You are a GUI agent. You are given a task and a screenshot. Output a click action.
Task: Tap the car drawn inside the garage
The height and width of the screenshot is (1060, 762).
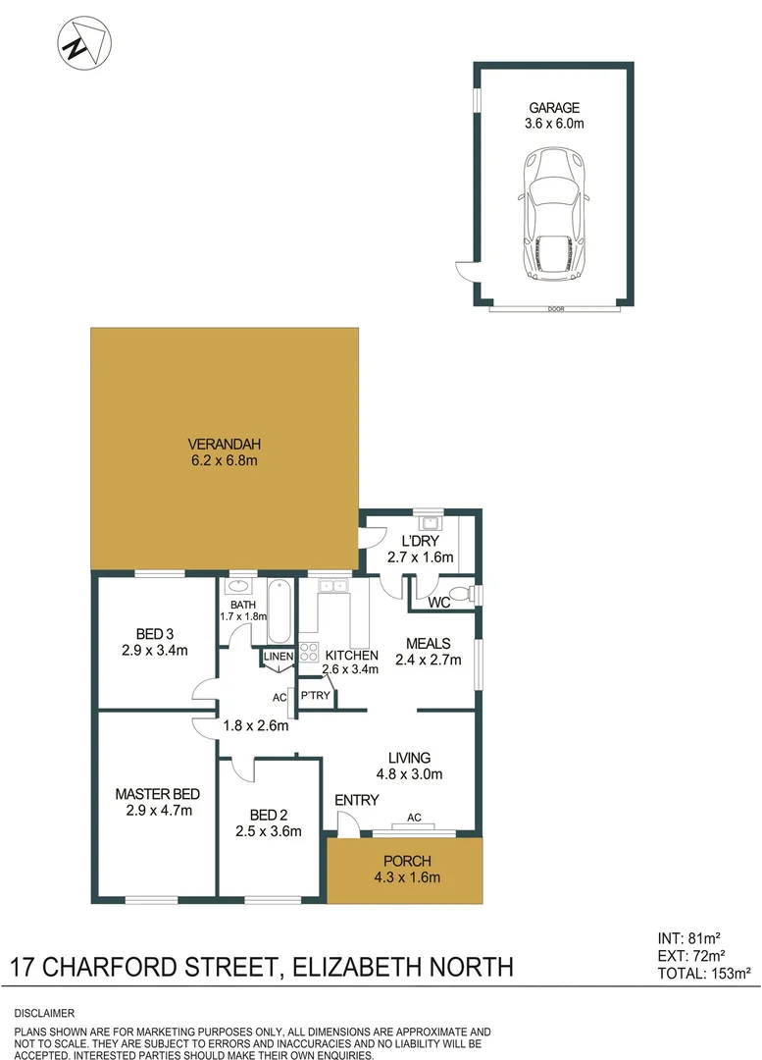(554, 213)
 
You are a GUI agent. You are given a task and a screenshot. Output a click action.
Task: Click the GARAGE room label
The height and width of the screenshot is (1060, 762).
(555, 108)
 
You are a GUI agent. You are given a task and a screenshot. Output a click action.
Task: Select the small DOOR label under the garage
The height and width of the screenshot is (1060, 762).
(556, 309)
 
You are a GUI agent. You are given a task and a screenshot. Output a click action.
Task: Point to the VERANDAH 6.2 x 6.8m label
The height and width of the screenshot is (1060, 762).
(225, 450)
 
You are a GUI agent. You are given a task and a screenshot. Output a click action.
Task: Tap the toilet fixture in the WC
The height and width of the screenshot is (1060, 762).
(473, 594)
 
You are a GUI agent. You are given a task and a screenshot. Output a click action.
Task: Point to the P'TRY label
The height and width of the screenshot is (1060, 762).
(315, 696)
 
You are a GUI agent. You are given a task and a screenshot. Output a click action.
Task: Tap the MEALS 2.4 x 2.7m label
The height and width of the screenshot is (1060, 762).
(428, 651)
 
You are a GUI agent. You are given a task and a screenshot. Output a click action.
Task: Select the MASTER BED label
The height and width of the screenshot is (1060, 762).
(157, 794)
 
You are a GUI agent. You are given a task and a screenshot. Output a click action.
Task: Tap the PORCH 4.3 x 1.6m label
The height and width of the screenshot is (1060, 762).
(403, 869)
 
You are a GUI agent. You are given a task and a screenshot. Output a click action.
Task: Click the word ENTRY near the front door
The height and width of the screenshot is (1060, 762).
(356, 800)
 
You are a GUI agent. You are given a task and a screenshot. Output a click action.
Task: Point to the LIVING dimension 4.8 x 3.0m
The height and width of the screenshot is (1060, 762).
(410, 773)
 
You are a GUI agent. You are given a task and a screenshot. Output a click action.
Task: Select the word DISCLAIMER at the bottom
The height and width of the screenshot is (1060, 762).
(45, 1012)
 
